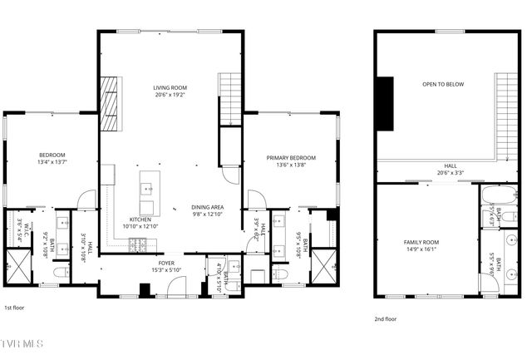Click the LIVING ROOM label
169,87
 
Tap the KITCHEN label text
140,219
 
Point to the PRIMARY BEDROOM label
291,157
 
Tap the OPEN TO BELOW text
443,84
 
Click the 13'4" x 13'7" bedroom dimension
52,163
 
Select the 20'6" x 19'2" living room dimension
169,95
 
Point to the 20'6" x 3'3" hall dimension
450,173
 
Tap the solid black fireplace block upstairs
385,103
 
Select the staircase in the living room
229,98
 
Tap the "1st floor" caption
15,307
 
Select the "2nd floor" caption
386,318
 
